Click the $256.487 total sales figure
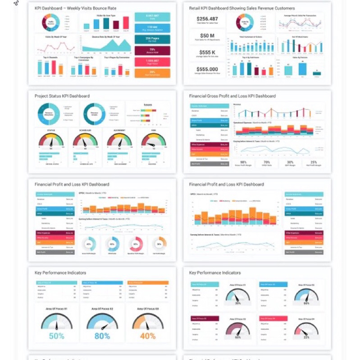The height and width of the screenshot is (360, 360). (x=207, y=19)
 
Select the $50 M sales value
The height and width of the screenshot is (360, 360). (x=207, y=36)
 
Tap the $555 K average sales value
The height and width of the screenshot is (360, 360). (x=207, y=52)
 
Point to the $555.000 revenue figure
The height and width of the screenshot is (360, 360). (x=207, y=69)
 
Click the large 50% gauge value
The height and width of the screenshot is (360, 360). (x=56, y=336)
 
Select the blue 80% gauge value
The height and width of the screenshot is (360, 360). (x=102, y=336)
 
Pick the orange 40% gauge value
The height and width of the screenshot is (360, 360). (x=148, y=336)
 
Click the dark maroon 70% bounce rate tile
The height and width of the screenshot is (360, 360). (x=152, y=50)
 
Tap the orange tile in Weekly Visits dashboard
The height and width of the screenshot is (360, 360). (x=152, y=73)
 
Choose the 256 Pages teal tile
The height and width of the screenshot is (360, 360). (x=152, y=39)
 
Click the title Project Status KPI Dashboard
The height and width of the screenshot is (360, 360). (x=62, y=96)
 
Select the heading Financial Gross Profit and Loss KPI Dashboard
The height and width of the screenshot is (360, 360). (x=232, y=96)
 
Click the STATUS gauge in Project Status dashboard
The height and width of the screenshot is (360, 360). (x=51, y=141)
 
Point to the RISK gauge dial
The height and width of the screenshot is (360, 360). (x=154, y=141)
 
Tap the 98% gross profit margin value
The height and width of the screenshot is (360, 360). (x=243, y=162)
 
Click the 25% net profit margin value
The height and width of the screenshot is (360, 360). (x=314, y=162)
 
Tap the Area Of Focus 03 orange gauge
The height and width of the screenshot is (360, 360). (x=148, y=321)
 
